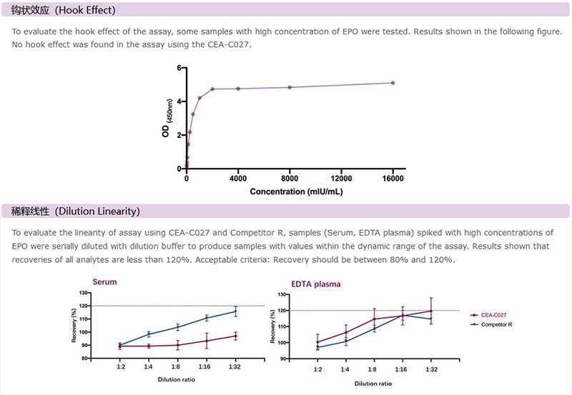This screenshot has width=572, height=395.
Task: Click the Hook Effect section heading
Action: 63,11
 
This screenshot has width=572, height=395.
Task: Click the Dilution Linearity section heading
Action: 75,211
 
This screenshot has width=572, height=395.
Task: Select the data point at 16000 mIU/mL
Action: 393,83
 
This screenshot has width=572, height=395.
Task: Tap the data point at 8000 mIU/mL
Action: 290,87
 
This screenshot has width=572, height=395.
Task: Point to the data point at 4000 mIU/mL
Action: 238,89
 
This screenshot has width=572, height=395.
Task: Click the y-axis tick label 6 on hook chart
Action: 179,68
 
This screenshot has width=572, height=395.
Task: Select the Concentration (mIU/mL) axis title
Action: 296,192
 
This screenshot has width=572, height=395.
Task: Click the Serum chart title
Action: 104,281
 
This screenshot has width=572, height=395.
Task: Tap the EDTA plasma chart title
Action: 316,284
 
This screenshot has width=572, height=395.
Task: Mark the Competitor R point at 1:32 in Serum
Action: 235,311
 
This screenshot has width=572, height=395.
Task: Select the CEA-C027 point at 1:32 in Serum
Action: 235,336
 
